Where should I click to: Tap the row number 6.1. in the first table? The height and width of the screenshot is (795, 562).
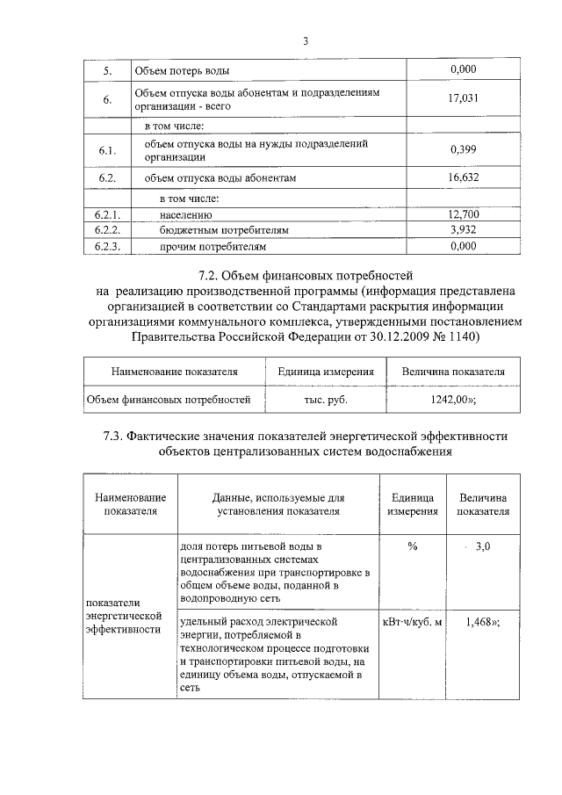(x=107, y=150)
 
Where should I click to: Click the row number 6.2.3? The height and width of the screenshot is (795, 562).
(x=107, y=247)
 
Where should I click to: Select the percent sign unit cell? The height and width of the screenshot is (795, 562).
(x=412, y=546)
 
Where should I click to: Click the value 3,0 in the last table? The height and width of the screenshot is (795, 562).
(x=481, y=546)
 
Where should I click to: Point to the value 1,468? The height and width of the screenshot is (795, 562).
(x=481, y=622)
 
